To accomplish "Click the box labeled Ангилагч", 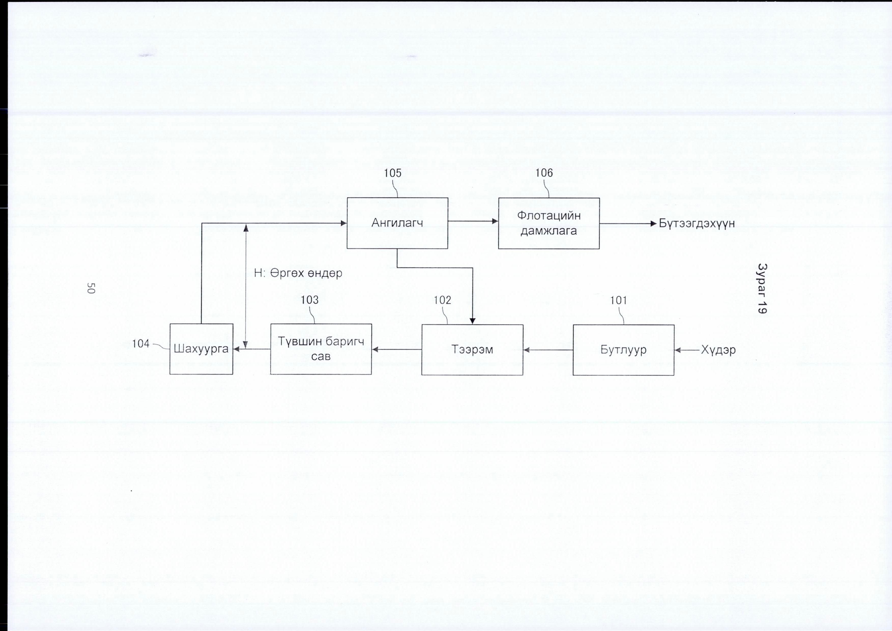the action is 397,223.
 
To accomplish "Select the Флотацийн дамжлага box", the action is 549,223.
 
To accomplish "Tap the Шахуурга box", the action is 201,349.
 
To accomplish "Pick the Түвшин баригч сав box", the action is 321,349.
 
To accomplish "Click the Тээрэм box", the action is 472,350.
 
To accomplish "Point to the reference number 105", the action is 392,173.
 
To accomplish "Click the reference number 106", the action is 544,173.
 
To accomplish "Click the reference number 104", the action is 141,343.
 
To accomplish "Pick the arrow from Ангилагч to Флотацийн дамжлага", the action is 473,221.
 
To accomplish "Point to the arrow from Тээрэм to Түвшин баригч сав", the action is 397,350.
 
